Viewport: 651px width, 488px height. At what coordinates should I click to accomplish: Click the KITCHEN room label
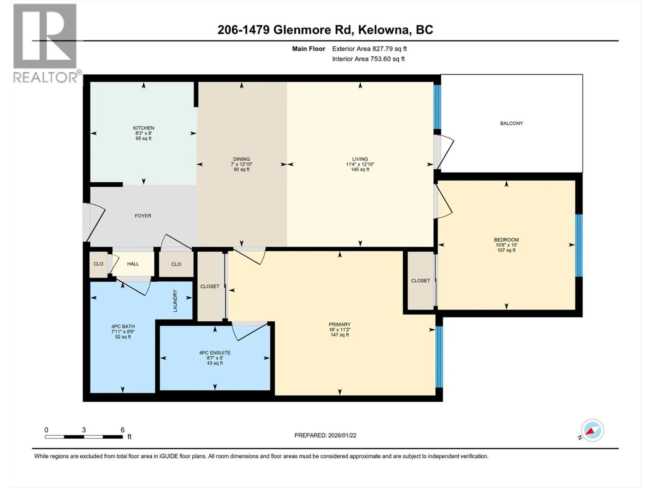pyautogui.click(x=143, y=128)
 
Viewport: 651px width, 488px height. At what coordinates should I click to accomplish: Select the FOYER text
pyautogui.click(x=143, y=216)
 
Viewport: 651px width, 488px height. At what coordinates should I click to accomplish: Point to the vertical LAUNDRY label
pyautogui.click(x=175, y=301)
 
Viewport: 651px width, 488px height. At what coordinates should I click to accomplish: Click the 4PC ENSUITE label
pyautogui.click(x=215, y=353)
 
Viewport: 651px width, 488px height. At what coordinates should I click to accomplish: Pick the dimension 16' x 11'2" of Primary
pyautogui.click(x=340, y=330)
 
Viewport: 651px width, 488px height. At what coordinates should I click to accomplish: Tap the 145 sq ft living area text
pyautogui.click(x=360, y=169)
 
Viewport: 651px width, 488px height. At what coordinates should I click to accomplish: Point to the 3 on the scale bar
pyautogui.click(x=84, y=430)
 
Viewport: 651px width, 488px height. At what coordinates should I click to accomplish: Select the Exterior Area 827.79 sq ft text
pyautogui.click(x=369, y=49)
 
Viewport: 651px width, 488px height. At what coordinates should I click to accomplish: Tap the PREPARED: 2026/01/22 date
pyautogui.click(x=325, y=435)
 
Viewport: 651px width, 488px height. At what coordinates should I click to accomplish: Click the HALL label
pyautogui.click(x=133, y=264)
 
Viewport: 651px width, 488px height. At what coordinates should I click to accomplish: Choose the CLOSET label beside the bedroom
pyautogui.click(x=420, y=281)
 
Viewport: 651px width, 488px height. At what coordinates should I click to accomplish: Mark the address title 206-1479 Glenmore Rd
pyautogui.click(x=325, y=30)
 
